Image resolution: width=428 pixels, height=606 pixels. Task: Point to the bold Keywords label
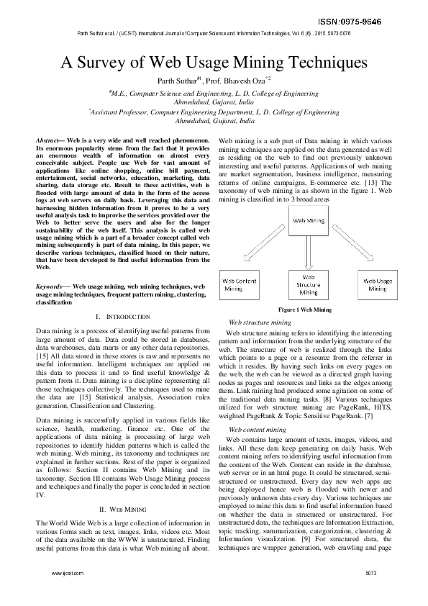pos(51,286)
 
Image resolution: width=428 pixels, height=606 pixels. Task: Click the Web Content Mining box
pos(242,284)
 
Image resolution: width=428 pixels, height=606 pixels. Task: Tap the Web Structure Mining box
pos(309,284)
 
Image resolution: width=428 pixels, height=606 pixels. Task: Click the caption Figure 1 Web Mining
pos(305,309)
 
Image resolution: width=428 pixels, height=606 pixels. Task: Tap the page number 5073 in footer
pos(371,594)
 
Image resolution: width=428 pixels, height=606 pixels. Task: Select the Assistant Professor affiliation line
pos(214,112)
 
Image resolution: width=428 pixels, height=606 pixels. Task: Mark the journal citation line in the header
pos(214,33)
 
